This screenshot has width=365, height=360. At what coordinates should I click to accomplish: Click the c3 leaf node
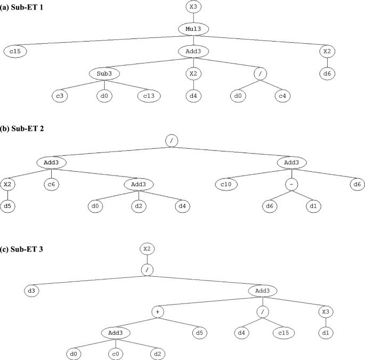tap(62, 96)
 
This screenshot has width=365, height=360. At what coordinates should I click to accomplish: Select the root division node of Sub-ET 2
tap(171, 140)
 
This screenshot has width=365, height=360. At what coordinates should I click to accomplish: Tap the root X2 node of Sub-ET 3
tap(148, 249)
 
